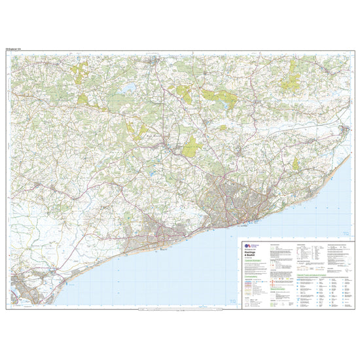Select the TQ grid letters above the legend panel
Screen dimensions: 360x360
pos(346,233)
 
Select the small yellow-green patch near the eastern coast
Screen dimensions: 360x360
pos(295,164)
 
